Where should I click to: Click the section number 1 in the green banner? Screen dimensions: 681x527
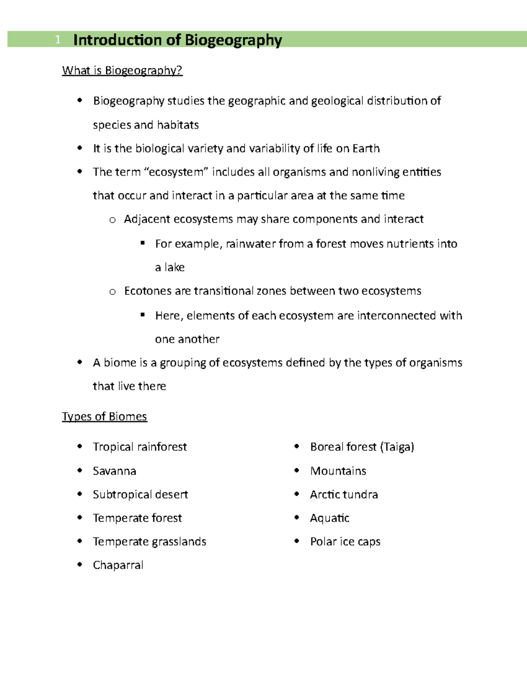coord(58,40)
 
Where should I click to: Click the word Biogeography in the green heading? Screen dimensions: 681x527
coord(233,40)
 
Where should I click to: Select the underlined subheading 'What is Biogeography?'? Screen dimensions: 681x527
coord(122,71)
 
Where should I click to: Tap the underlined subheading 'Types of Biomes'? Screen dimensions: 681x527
coord(105,416)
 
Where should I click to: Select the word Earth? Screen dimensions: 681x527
coord(366,149)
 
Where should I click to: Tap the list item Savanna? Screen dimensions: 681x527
coord(115,471)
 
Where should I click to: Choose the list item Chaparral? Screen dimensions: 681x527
coord(118,565)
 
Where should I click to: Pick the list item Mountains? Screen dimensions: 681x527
coord(338,471)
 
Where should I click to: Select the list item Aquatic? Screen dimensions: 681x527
coord(329,518)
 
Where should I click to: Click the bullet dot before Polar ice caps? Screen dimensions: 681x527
coord(297,541)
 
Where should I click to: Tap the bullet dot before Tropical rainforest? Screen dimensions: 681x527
coord(79,446)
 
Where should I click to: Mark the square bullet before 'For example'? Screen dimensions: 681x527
coord(142,242)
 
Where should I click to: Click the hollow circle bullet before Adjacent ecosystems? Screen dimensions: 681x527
coord(112,220)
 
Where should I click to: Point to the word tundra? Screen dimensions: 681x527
coord(361,495)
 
